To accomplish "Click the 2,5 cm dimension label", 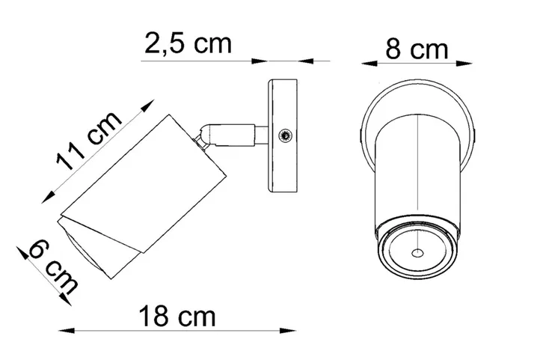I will [188, 44].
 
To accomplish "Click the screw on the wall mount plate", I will [284, 135].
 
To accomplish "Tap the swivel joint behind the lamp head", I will [203, 135].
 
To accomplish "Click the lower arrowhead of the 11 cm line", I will [47, 196].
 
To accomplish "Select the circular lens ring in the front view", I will [417, 248].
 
